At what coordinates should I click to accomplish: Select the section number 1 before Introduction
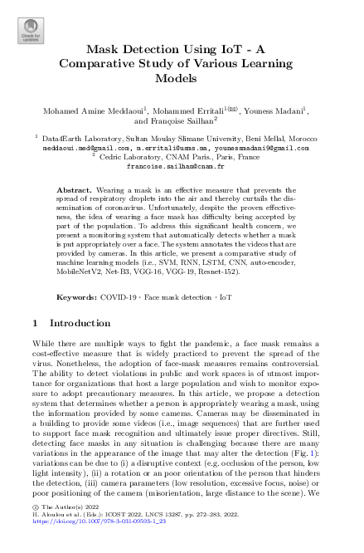[33, 323]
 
